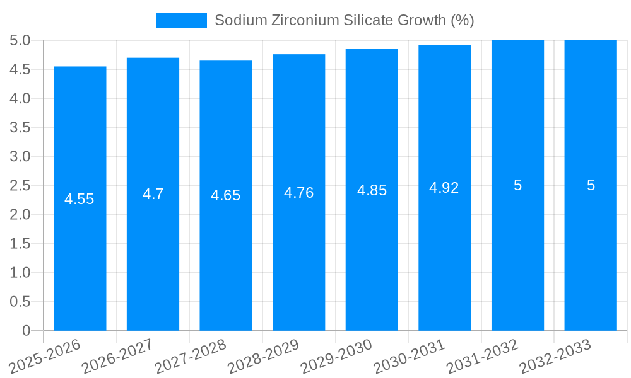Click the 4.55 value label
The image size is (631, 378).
(80, 199)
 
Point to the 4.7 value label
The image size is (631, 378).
(153, 194)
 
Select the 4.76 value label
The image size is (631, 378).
(298, 193)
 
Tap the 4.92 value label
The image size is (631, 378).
(444, 188)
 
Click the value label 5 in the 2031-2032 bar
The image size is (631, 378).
(517, 185)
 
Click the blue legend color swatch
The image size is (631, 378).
(182, 20)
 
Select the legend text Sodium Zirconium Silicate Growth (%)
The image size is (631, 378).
(344, 20)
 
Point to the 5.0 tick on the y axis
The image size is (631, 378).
(20, 40)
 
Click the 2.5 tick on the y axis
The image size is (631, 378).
(20, 185)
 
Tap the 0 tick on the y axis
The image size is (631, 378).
(26, 331)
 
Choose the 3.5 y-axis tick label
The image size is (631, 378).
(20, 127)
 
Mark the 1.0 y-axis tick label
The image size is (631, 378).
(20, 273)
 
